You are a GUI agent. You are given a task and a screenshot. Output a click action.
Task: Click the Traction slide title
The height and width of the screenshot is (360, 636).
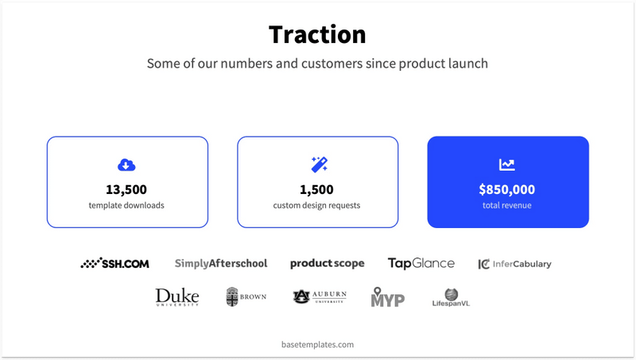317,35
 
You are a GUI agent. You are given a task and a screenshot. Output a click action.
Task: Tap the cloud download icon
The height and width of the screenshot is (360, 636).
126,165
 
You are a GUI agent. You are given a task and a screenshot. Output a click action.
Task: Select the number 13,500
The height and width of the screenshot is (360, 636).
126,189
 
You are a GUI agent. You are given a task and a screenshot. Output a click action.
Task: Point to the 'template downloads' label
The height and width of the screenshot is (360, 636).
127,205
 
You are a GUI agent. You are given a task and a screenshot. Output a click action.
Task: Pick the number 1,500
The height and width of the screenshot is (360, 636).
316,189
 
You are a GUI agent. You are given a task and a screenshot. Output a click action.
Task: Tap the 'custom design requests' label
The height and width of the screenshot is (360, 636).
316,205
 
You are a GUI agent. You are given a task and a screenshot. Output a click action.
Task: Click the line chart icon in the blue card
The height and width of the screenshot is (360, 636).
507,165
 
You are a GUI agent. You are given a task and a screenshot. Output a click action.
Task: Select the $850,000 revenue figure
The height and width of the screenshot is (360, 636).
507,189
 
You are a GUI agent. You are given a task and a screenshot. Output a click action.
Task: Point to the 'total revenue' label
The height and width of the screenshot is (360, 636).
507,205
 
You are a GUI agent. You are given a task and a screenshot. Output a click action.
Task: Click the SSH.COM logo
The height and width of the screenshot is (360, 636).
115,263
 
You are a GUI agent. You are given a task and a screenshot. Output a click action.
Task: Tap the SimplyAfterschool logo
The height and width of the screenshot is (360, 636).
221,263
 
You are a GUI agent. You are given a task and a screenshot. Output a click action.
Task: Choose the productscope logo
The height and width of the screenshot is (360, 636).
327,263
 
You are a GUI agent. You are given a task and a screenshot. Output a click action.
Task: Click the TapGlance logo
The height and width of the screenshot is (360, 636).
421,263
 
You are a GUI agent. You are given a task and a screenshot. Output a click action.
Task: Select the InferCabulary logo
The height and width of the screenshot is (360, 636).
514,264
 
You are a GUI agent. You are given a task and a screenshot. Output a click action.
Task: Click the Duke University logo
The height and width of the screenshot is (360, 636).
177,297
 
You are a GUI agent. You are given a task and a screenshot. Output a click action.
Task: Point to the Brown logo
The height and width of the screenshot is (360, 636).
246,297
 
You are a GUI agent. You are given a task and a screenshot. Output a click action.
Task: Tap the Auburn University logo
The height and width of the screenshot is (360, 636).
320,296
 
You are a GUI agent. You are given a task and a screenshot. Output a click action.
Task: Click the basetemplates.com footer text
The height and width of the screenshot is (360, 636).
317,345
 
